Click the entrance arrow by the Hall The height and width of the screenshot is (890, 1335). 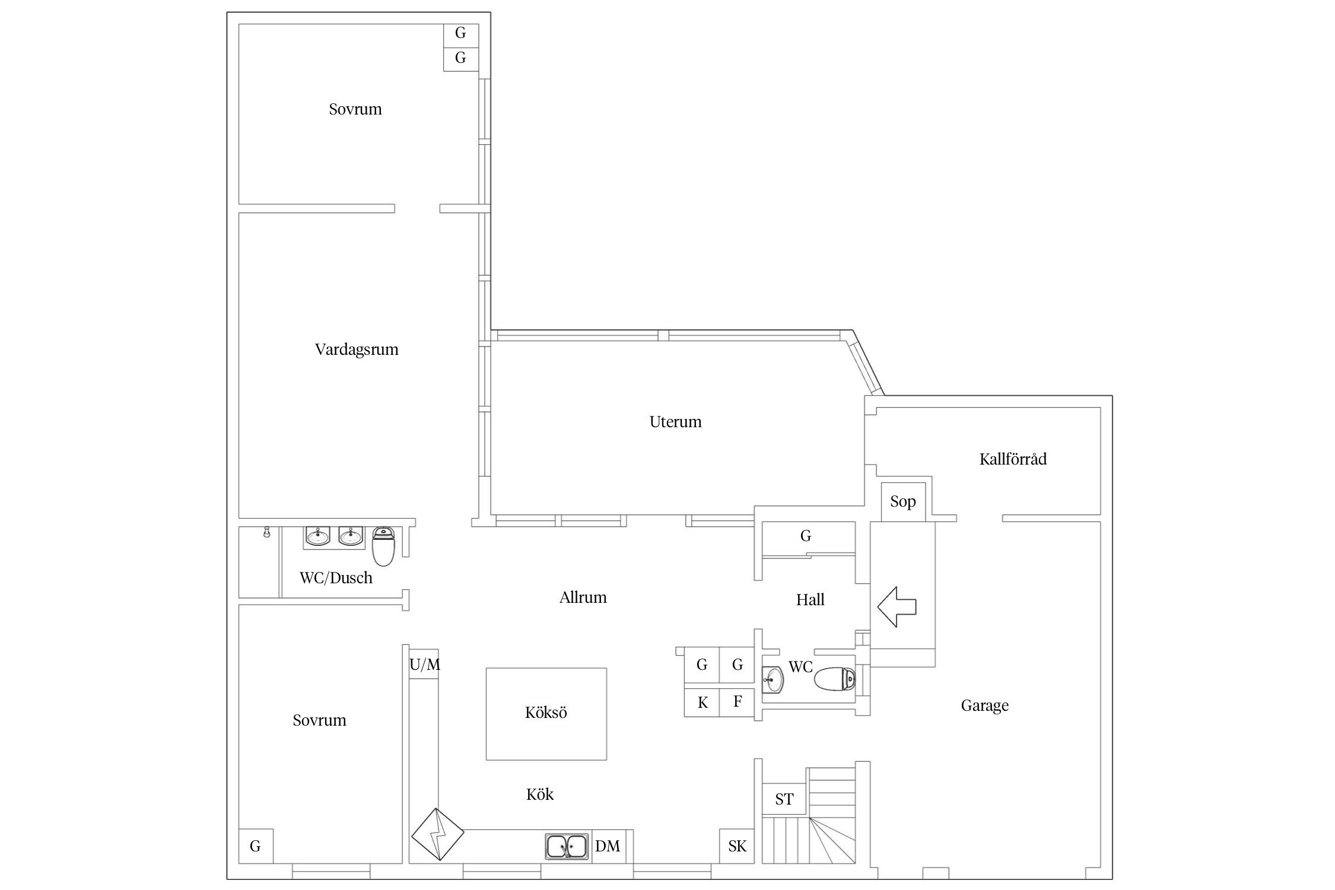(x=897, y=606)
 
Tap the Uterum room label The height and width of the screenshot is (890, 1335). (x=675, y=422)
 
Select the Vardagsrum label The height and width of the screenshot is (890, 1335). (x=357, y=349)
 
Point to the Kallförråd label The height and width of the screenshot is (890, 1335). (x=1013, y=459)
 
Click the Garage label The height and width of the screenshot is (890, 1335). (x=984, y=705)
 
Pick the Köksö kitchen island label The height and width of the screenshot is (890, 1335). (x=546, y=712)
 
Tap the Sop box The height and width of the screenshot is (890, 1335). (x=903, y=502)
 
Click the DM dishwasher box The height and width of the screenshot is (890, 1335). (x=608, y=846)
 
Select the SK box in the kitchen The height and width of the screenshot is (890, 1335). (x=737, y=846)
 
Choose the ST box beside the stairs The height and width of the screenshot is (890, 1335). (x=784, y=800)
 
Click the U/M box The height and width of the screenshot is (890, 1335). (x=424, y=665)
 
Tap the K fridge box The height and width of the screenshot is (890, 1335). (x=703, y=703)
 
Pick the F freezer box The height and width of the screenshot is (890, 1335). (x=737, y=703)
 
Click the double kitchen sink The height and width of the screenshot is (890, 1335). (x=568, y=847)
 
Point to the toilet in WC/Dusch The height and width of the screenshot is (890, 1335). (x=383, y=546)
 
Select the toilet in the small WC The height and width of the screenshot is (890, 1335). (x=835, y=679)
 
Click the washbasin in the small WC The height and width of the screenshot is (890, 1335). (x=773, y=678)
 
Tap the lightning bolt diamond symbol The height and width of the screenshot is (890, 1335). (x=438, y=834)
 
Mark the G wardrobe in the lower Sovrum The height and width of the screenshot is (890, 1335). (x=256, y=846)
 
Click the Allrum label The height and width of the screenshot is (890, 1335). (x=583, y=597)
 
